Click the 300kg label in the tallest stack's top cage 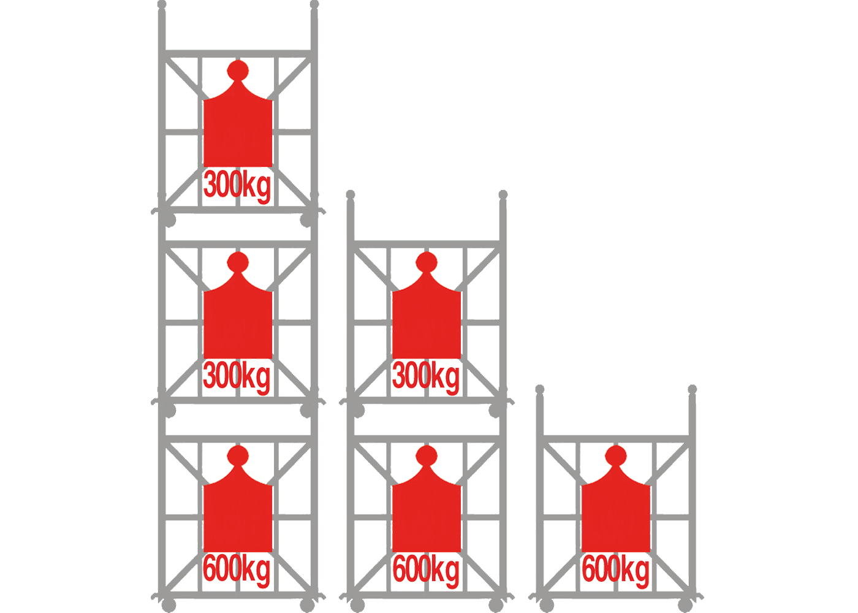pyautogui.click(x=237, y=186)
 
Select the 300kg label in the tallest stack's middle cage pyautogui.click(x=237, y=378)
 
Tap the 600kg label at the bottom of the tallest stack pyautogui.click(x=237, y=571)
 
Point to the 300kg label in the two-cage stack pyautogui.click(x=426, y=378)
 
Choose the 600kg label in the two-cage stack pyautogui.click(x=426, y=571)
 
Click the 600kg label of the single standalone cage pyautogui.click(x=615, y=571)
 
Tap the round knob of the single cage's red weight pyautogui.click(x=616, y=456)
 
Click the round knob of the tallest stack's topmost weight pyautogui.click(x=238, y=71)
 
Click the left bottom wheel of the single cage pyautogui.click(x=547, y=606)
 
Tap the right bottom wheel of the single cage pyautogui.click(x=685, y=606)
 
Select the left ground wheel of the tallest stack pyautogui.click(x=169, y=606)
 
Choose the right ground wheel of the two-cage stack pyautogui.click(x=496, y=606)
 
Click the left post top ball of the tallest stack pyautogui.click(x=162, y=5)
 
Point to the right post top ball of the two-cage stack pyautogui.click(x=503, y=194)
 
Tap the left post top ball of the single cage pyautogui.click(x=540, y=389)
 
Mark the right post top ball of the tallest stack pyautogui.click(x=314, y=5)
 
